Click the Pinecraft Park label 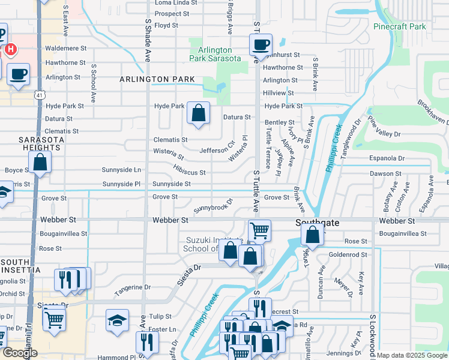[x=399, y=26]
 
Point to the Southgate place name [x=318, y=222]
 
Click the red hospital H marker [x=10, y=49]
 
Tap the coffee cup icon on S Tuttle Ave [x=261, y=45]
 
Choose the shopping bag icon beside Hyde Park [x=198, y=113]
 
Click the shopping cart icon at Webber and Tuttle [x=259, y=230]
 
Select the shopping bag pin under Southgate [x=313, y=235]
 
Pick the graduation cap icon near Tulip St [x=117, y=320]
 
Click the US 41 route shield [x=39, y=95]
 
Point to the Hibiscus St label [x=190, y=172]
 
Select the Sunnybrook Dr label [x=213, y=206]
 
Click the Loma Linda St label [x=176, y=3]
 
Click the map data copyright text [x=412, y=355]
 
